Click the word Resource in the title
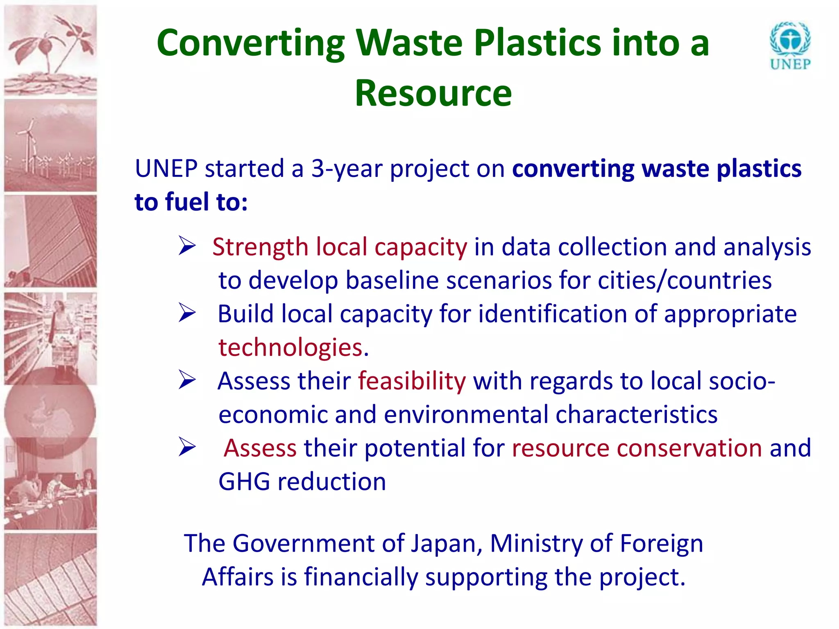coord(433,93)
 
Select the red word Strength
coord(260,247)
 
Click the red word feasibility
coord(412,381)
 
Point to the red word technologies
coord(290,348)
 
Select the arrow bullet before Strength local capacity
coord(187,246)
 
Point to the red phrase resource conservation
coord(637,448)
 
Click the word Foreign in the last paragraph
coord(661,543)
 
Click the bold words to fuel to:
coord(191,202)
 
